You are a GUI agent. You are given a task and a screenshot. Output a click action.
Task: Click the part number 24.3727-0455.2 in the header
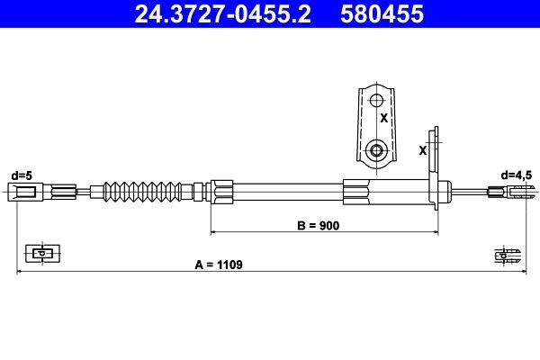(214, 14)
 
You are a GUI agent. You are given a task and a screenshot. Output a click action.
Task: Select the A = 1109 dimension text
(219, 265)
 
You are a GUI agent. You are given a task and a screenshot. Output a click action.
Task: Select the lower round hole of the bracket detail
(378, 148)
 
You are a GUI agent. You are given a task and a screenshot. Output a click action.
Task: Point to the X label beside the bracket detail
(383, 118)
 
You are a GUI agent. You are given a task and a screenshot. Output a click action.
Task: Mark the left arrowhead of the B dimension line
(214, 232)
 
